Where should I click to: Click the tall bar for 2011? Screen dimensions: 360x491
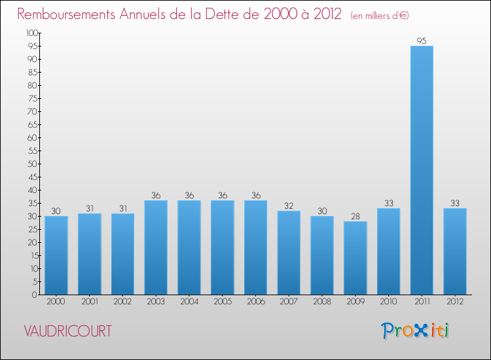[422, 170]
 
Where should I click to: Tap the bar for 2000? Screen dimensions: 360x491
[56, 255]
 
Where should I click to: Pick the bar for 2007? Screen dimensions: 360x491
[289, 253]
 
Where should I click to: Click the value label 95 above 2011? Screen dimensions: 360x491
[422, 41]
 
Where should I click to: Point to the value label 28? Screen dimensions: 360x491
[355, 217]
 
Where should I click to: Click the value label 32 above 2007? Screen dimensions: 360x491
[289, 206]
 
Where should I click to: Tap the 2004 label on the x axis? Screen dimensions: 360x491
[189, 302]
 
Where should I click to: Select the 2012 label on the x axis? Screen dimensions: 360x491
[455, 302]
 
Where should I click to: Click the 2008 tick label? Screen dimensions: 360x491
[322, 302]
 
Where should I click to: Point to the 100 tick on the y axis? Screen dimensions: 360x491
[31, 33]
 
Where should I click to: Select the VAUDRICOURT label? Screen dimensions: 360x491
[68, 331]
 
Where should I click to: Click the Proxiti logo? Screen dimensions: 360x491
[415, 331]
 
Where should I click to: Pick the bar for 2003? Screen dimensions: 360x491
[156, 247]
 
